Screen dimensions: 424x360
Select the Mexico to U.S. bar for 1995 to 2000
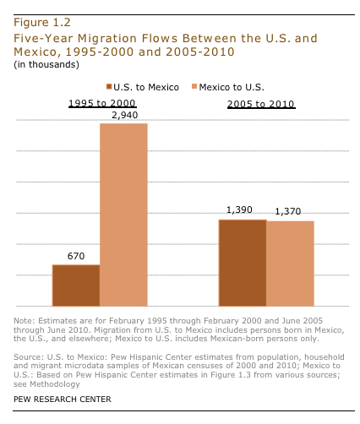tap(124, 215)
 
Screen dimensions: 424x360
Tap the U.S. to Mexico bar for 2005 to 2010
tap(243, 263)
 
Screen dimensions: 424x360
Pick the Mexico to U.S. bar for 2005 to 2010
tap(291, 264)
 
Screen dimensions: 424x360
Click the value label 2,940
tap(123, 115)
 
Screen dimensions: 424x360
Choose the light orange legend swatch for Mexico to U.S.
tap(191, 87)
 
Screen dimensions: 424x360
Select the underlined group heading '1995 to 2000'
tap(99, 103)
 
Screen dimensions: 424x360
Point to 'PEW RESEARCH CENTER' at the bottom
tap(62, 398)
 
